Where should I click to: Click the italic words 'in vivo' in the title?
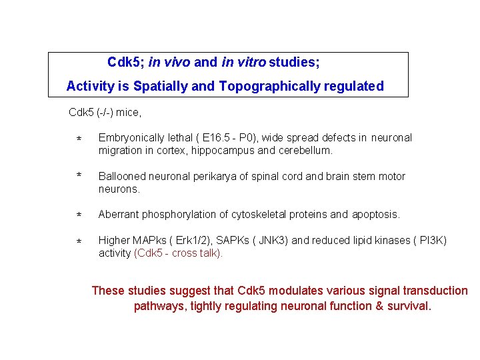coord(169,63)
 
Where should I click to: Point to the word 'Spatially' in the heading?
coord(161,86)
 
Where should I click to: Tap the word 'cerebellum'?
coord(306,151)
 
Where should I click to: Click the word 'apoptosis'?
coord(375,215)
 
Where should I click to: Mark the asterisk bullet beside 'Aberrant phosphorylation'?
coord(79,215)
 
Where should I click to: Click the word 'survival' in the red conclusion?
coord(409,307)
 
